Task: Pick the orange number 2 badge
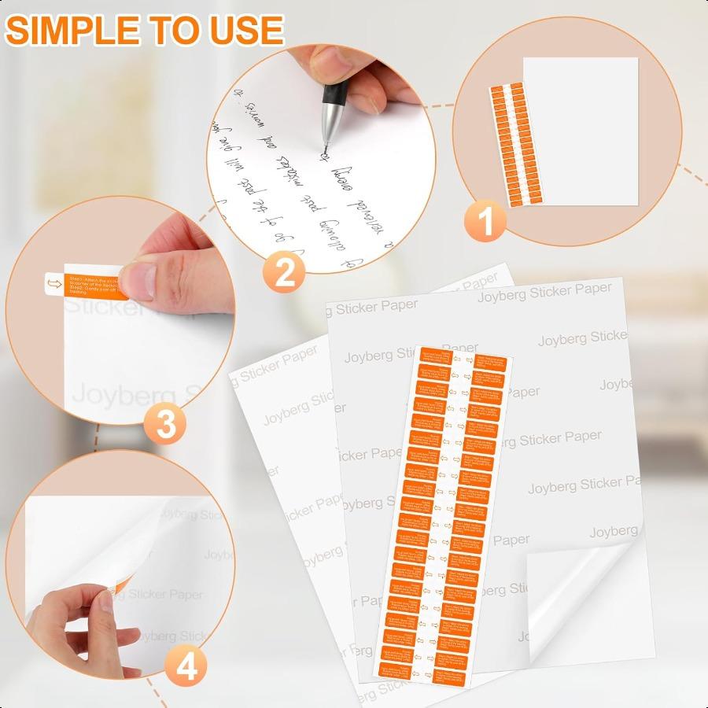283,273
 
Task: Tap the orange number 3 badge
166,426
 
